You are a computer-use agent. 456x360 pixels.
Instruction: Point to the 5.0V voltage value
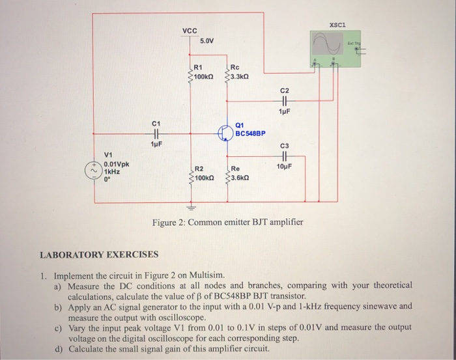pyautogui.click(x=207, y=41)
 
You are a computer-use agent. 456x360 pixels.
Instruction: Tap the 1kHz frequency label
pyautogui.click(x=113, y=171)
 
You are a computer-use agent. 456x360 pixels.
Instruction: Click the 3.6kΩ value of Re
pyautogui.click(x=240, y=177)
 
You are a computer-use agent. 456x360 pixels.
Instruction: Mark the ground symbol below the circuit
pyautogui.click(x=190, y=208)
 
